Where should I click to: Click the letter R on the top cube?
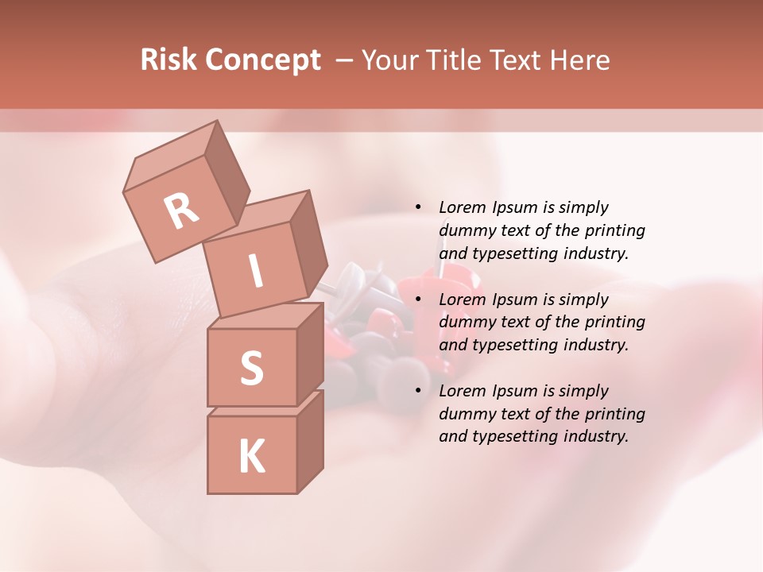(x=181, y=211)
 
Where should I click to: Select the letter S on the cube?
(x=252, y=368)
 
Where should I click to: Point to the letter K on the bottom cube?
(x=252, y=457)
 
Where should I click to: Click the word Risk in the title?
(x=168, y=60)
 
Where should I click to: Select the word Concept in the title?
(x=261, y=61)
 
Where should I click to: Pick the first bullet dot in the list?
(x=418, y=207)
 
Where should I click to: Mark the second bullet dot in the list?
(x=418, y=300)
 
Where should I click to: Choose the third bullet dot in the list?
(x=418, y=391)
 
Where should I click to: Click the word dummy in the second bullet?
(x=464, y=322)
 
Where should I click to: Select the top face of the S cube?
(x=262, y=316)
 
